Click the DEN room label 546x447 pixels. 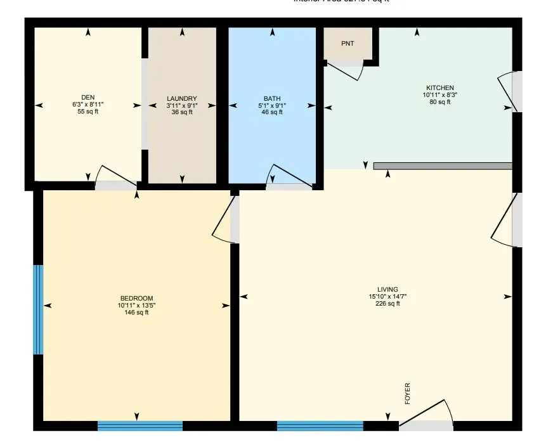point(88,97)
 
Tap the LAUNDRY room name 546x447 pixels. point(182,98)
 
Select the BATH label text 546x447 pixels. point(272,98)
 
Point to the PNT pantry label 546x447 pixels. point(348,44)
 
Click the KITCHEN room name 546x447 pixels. point(439,87)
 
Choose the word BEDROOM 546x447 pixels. point(136,298)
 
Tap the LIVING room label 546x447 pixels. point(387,289)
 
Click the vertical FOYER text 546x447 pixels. point(407,394)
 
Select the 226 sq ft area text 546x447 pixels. point(387,304)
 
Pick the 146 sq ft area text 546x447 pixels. point(136,312)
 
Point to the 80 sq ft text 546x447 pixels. point(439,101)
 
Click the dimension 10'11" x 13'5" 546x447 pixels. point(136,305)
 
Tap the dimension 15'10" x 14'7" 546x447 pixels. point(387,296)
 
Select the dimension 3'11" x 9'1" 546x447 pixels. point(182,105)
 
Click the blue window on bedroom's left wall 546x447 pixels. point(39,309)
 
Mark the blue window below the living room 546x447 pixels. point(320,425)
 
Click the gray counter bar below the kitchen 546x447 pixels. point(442,166)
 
